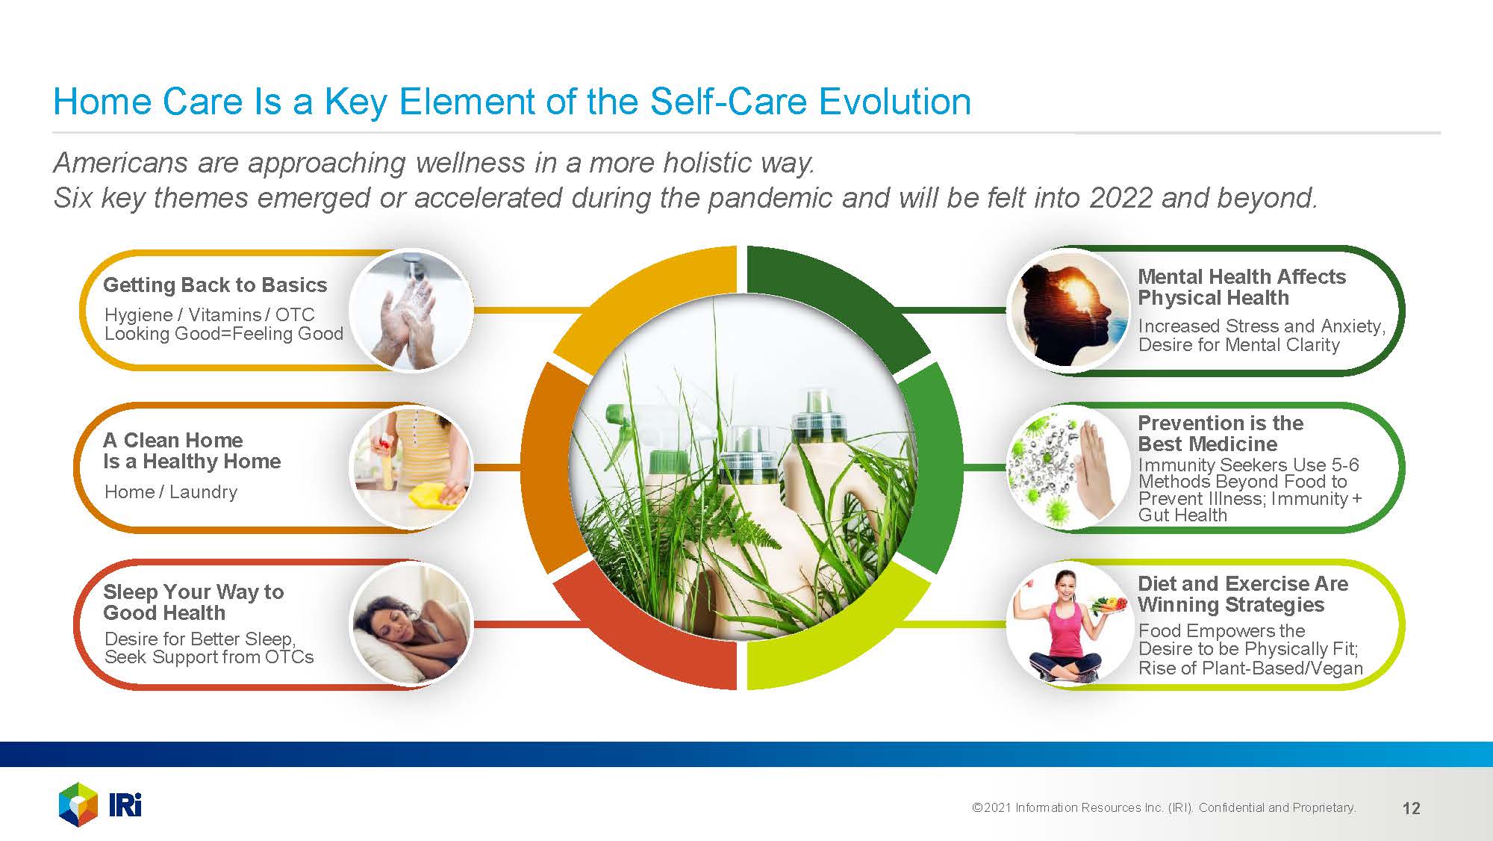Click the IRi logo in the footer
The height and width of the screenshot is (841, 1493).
click(100, 804)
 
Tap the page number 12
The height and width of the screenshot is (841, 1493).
click(1411, 808)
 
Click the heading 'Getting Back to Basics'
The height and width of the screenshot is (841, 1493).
click(215, 285)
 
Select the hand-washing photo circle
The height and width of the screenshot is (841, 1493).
click(411, 311)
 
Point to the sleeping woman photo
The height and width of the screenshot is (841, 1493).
click(411, 623)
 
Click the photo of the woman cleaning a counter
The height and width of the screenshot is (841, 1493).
click(411, 468)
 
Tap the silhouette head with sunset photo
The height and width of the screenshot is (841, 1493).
click(1068, 311)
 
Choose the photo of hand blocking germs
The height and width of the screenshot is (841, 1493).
click(1068, 468)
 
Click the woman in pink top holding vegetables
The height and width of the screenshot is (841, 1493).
click(1068, 623)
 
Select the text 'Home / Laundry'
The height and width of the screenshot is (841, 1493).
click(171, 491)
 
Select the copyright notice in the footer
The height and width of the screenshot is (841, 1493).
click(1164, 807)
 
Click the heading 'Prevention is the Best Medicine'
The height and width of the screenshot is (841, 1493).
click(1221, 433)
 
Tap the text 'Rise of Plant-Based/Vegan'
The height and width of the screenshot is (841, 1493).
click(1250, 668)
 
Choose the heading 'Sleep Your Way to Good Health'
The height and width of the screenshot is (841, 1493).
click(193, 602)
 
